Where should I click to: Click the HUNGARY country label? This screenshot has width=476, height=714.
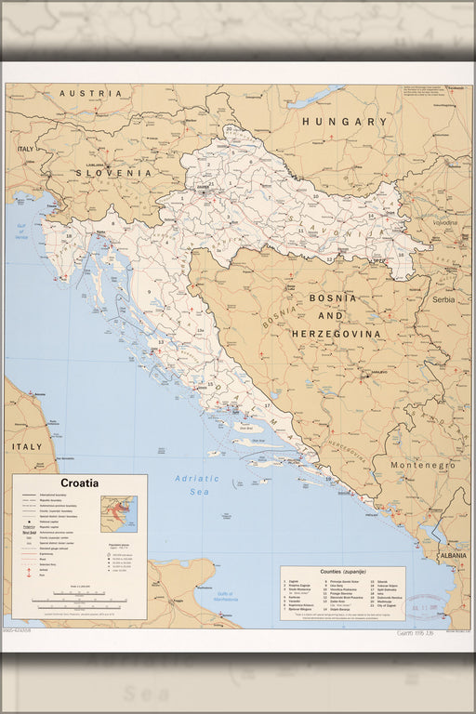(344, 122)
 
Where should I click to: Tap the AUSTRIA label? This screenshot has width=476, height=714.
(90, 94)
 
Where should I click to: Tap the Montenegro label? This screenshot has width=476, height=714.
(422, 465)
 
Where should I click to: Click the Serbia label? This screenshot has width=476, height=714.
(443, 300)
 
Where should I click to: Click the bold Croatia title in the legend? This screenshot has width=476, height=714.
(80, 483)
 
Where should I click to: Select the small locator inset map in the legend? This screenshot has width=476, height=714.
(118, 513)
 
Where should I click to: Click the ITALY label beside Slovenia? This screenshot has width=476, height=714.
(25, 149)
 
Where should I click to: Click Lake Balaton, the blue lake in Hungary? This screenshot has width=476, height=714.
(315, 96)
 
